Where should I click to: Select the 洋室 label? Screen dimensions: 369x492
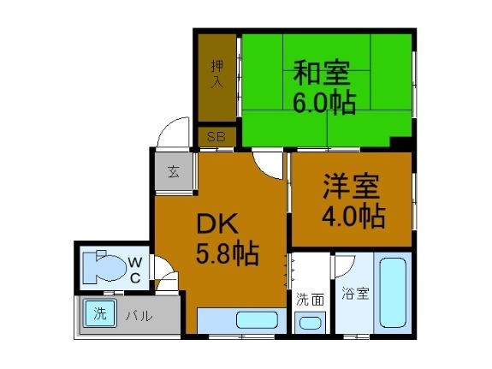352,187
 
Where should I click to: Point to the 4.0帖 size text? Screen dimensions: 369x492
353,217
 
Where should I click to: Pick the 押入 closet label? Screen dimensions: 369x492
217,75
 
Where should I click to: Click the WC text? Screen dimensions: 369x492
134,269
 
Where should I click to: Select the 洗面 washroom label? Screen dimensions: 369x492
310,300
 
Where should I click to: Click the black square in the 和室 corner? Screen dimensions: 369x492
400,142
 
